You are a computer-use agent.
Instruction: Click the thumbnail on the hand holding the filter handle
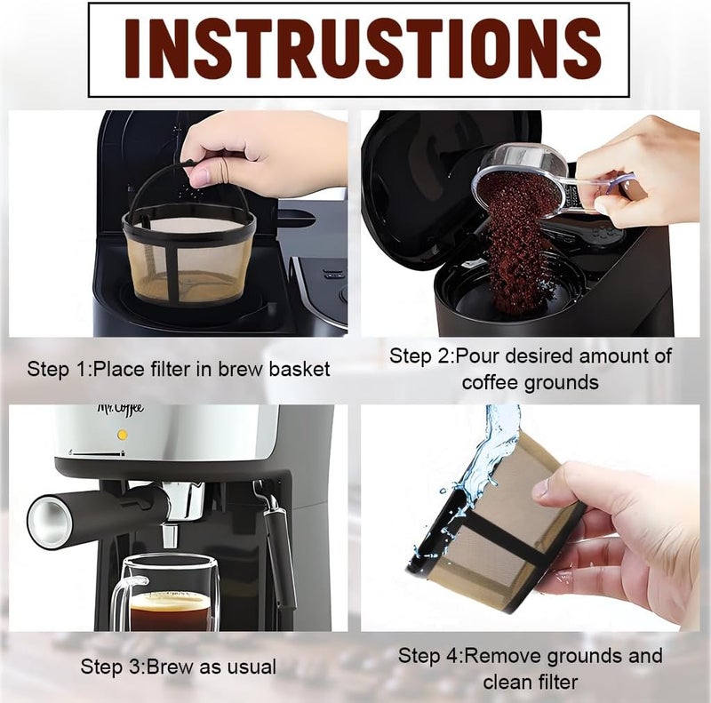(199, 175)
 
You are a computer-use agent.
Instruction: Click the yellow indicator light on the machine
(122, 435)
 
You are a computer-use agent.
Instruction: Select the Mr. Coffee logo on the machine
(121, 408)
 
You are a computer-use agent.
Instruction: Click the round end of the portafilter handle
(49, 518)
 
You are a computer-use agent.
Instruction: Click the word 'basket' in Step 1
(300, 369)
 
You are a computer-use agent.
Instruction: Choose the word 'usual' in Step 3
(252, 667)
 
